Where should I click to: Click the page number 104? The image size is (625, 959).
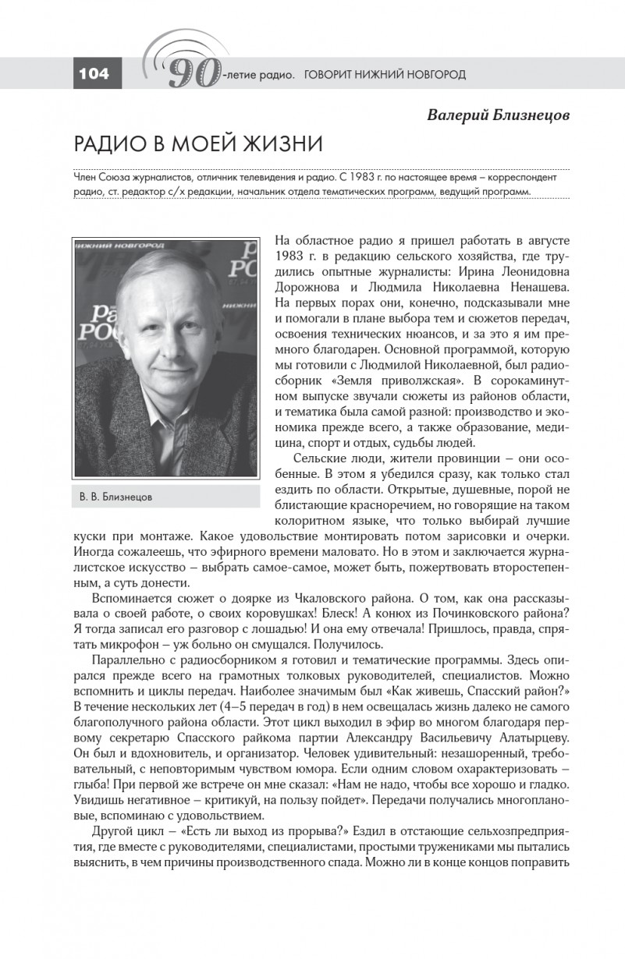click(94, 74)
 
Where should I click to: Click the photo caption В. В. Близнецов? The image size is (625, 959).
click(116, 496)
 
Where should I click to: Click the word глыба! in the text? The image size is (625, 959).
click(94, 784)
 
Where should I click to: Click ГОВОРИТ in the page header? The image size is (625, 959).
click(330, 75)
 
